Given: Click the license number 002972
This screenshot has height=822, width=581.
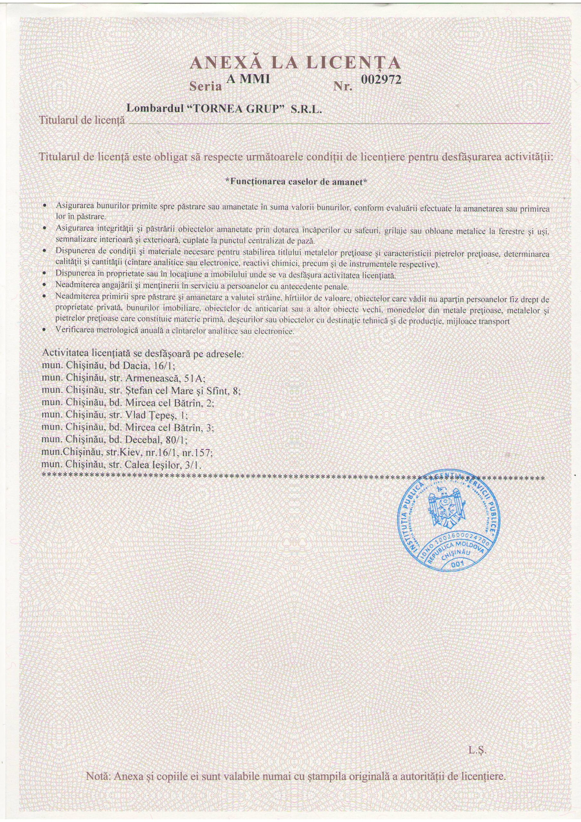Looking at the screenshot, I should pyautogui.click(x=381, y=80).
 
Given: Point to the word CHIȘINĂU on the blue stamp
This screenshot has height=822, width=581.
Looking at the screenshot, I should pyautogui.click(x=456, y=555).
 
